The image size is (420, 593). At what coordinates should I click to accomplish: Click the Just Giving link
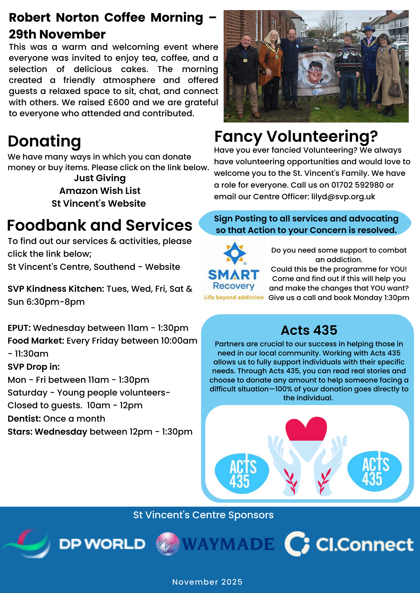click(x=100, y=178)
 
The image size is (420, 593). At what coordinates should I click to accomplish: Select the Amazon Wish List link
click(x=100, y=191)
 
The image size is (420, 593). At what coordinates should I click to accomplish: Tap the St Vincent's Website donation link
click(x=99, y=204)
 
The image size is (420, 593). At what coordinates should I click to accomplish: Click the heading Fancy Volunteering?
click(x=296, y=137)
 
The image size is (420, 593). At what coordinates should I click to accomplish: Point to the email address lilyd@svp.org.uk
click(x=343, y=197)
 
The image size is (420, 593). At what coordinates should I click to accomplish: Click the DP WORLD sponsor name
click(x=102, y=544)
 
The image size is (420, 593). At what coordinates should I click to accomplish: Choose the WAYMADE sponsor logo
click(x=215, y=544)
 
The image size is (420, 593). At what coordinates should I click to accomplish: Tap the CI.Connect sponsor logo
click(x=349, y=544)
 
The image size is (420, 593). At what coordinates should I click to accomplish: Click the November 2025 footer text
click(x=207, y=582)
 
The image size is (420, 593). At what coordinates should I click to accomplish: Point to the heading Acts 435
click(x=309, y=330)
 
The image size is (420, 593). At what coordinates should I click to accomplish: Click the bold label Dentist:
click(x=24, y=419)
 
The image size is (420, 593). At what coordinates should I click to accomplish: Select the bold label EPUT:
click(x=19, y=328)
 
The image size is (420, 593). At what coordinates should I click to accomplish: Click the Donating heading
click(x=44, y=141)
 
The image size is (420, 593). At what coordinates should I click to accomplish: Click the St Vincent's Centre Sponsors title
click(x=203, y=515)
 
